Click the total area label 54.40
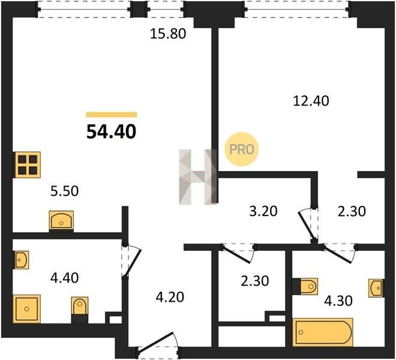[x=112, y=132]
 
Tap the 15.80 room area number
[x=168, y=34]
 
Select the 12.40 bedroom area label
[x=311, y=101]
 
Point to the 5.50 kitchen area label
[x=65, y=191]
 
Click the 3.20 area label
[x=263, y=211]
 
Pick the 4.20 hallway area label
[x=170, y=297]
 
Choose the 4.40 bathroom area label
[x=65, y=278]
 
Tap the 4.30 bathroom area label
[x=338, y=301]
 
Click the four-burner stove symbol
[x=27, y=165]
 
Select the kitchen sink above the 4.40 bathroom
[x=61, y=221]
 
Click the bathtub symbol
[x=323, y=332]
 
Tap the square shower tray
[x=26, y=309]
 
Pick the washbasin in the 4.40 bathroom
[x=21, y=260]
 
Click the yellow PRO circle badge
[x=242, y=149]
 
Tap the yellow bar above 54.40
[x=112, y=115]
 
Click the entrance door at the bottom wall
[x=158, y=344]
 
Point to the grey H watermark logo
[x=198, y=176]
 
